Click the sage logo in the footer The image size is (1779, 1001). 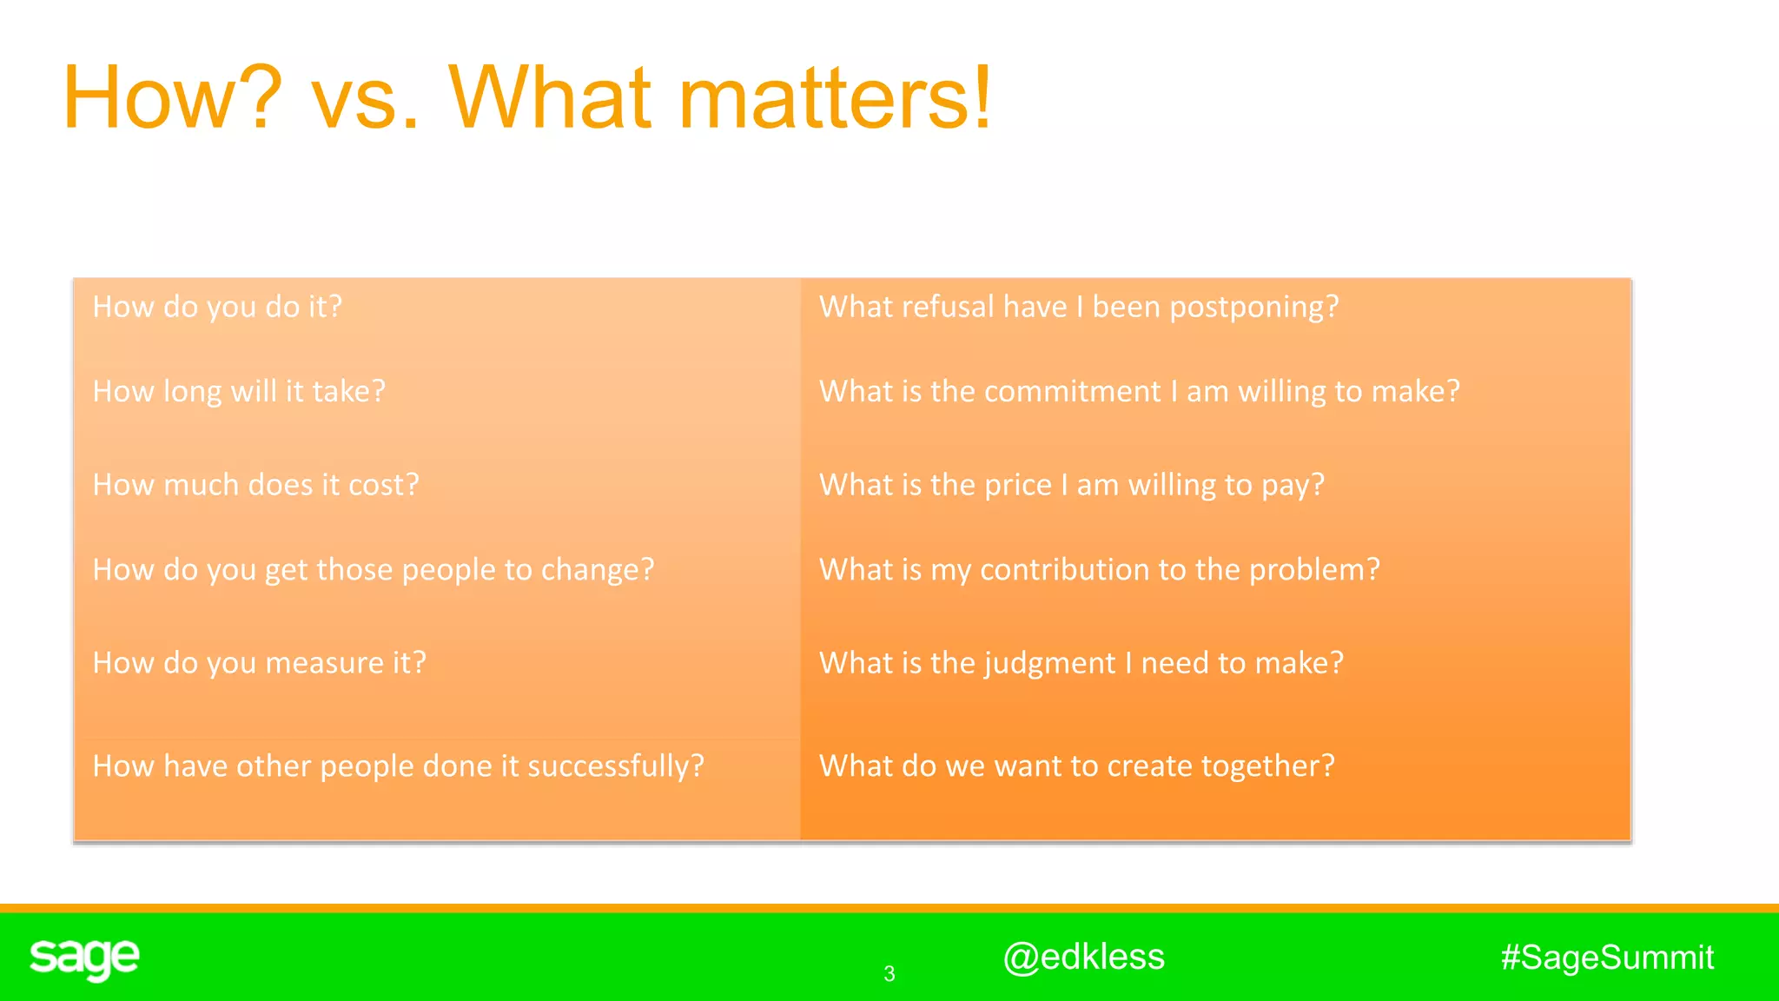pos(84,958)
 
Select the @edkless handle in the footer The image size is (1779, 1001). pos(1083,957)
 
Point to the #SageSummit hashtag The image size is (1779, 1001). pos(1607,957)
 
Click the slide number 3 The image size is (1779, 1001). pos(889,974)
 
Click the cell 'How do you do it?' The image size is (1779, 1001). pos(217,307)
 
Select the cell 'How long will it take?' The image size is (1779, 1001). pos(239,392)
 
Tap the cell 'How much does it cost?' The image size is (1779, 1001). pos(255,485)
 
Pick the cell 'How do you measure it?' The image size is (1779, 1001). pos(259,663)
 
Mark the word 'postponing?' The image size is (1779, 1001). pos(1253,308)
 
